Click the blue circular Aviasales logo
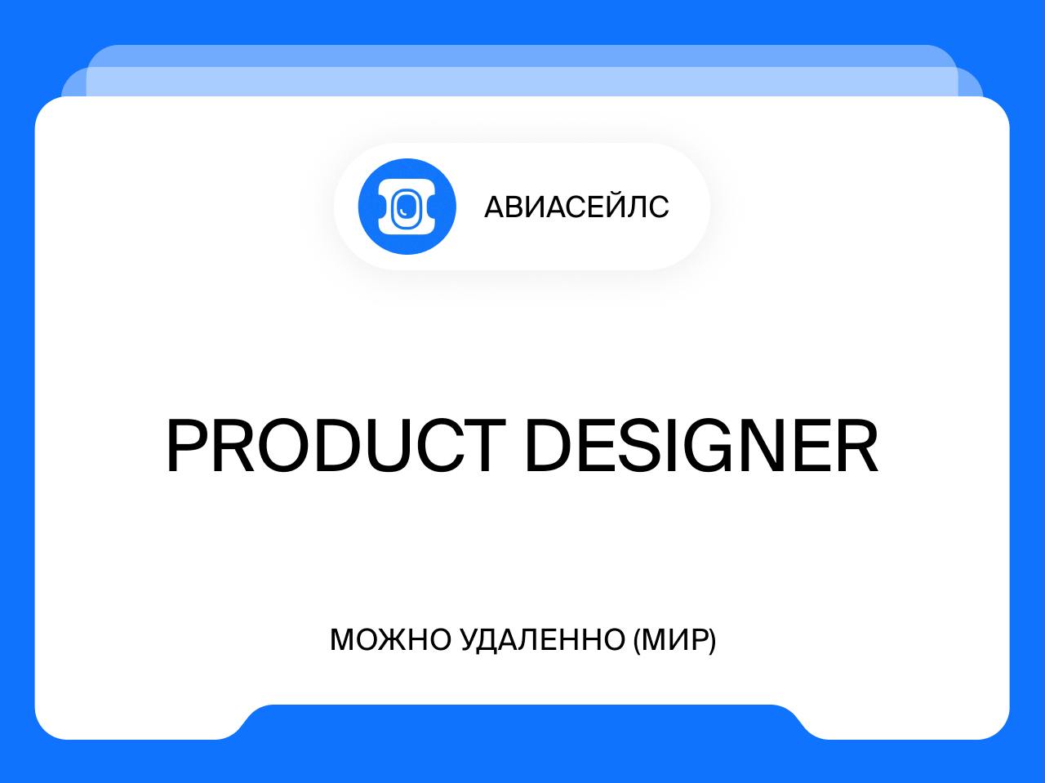click(x=407, y=207)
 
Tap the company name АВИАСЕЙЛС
click(x=576, y=207)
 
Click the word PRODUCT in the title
click(x=336, y=446)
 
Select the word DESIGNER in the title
click(x=702, y=446)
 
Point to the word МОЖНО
click(x=390, y=639)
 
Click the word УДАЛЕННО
click(x=542, y=639)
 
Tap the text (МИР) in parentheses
click(x=674, y=640)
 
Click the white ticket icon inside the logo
click(x=407, y=207)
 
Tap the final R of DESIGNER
click(x=857, y=446)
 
